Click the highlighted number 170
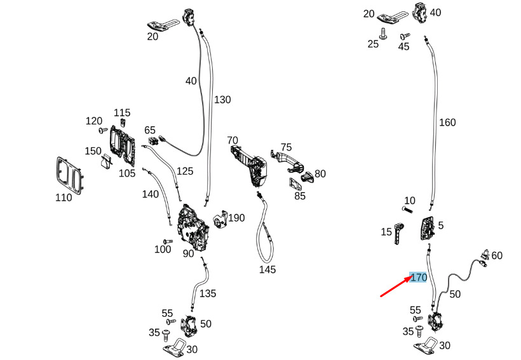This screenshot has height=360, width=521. [x=419, y=277]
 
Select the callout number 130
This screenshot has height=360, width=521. [x=222, y=100]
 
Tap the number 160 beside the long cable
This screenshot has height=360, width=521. [x=447, y=123]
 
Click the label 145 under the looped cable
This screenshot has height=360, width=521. [x=267, y=269]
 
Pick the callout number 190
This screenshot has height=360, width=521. [x=236, y=218]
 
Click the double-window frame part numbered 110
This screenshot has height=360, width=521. [x=69, y=176]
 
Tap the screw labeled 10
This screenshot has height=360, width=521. [x=407, y=210]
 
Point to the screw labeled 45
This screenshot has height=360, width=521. [x=405, y=36]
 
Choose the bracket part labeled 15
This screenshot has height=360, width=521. [x=399, y=234]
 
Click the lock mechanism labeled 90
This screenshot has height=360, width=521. [x=193, y=229]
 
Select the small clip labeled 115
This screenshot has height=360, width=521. [x=123, y=123]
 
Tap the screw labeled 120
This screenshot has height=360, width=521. [x=103, y=131]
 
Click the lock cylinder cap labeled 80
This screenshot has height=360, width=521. [x=308, y=177]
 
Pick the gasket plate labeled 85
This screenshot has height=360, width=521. [x=295, y=184]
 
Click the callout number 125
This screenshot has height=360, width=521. [x=185, y=171]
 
